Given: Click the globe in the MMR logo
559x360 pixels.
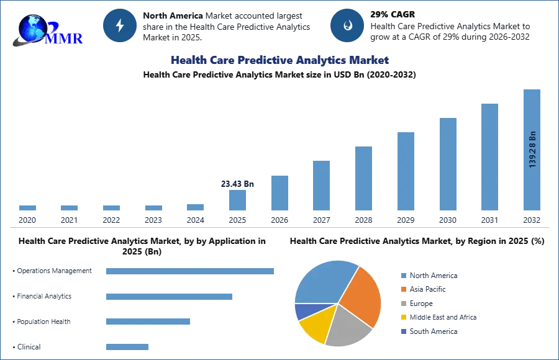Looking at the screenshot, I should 32,27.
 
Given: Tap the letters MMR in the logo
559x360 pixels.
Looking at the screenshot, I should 65,38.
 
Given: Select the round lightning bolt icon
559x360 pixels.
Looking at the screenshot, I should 120,25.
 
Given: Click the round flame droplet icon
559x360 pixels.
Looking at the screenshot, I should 347,25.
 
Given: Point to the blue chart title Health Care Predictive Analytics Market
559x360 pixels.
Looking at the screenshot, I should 279,60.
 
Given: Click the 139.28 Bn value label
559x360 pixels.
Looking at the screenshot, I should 532,149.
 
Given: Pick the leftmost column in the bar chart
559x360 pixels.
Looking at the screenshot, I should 27,209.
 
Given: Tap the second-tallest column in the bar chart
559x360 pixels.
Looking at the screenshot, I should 489,158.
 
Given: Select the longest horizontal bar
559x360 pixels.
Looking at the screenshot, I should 191,272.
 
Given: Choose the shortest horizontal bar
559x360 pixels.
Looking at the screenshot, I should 127,347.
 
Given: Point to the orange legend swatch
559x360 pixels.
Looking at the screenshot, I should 403,289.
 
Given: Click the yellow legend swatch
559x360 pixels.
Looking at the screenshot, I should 403,318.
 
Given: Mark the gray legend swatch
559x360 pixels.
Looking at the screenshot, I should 403,304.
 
